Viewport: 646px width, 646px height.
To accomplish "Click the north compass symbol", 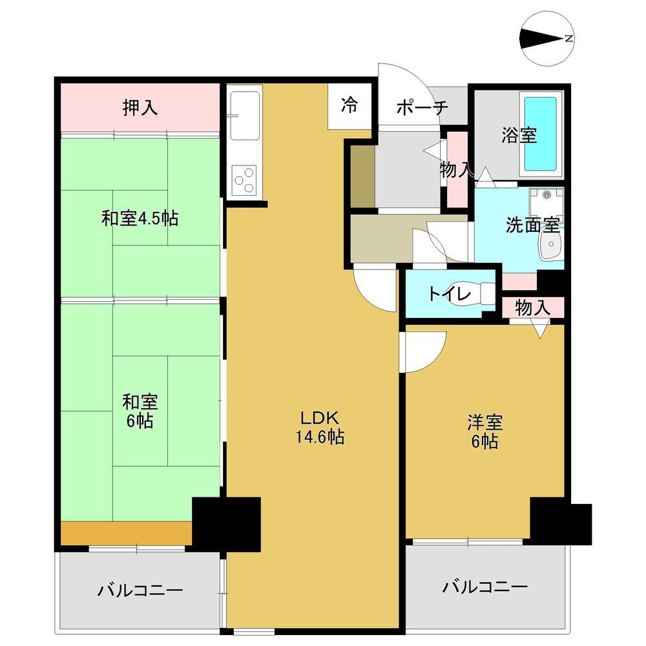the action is [547, 38].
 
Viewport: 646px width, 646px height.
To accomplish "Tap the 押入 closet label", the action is [140, 107].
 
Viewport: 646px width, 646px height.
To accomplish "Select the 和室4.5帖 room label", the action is [140, 218].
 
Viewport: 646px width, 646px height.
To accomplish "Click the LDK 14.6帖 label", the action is [320, 427].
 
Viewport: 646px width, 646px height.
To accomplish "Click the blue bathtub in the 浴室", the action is [540, 134].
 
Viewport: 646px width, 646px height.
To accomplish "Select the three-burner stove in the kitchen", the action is [244, 180].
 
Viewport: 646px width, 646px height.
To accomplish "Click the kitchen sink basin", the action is [245, 116].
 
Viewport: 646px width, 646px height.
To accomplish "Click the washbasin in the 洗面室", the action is [551, 244].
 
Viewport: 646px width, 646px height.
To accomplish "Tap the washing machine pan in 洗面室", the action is [547, 205].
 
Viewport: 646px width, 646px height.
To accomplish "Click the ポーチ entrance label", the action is [422, 107].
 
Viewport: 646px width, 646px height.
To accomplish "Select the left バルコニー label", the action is [140, 590].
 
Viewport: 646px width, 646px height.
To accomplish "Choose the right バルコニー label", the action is [485, 587].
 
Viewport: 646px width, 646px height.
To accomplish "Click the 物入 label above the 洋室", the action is [533, 307].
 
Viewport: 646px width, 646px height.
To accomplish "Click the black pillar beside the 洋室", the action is [561, 521].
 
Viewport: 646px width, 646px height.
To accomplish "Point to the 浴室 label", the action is [519, 135].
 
